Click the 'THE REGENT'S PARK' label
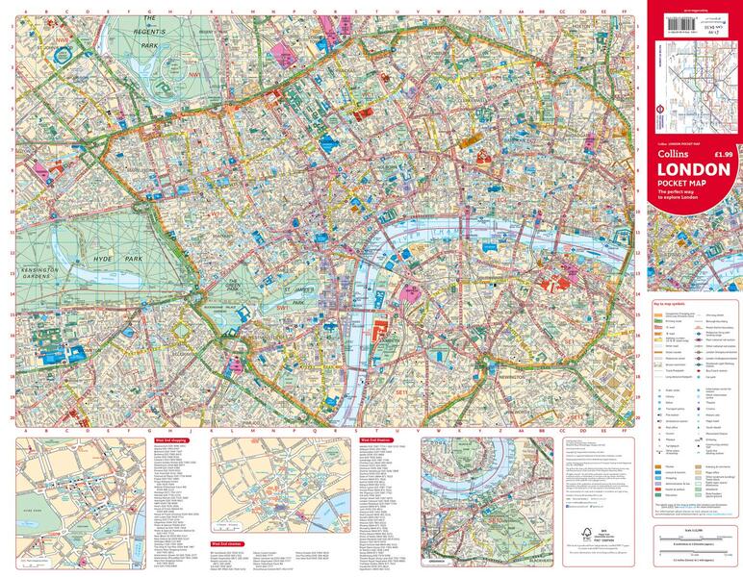(149, 31)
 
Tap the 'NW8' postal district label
(63, 40)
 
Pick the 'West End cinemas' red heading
(226, 543)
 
